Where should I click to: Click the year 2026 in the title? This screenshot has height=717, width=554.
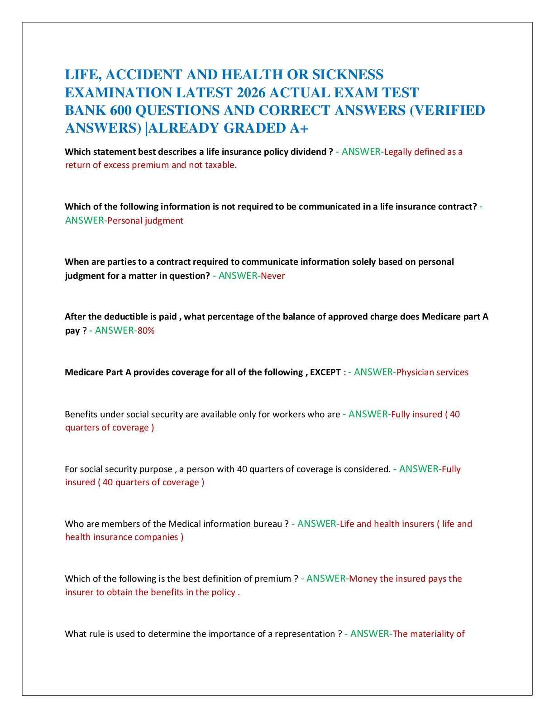tap(251, 93)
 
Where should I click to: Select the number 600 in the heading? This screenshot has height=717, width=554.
tap(120, 110)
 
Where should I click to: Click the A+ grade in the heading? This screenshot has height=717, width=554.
tap(299, 129)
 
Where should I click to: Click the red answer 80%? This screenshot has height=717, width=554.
tap(146, 330)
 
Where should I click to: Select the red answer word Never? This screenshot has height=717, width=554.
tap(272, 276)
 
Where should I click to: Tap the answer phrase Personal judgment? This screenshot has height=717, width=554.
tap(145, 220)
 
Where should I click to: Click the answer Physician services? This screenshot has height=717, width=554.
tap(432, 372)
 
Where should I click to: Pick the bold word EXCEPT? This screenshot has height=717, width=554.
tap(325, 372)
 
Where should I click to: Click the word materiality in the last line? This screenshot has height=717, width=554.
tap(432, 634)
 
